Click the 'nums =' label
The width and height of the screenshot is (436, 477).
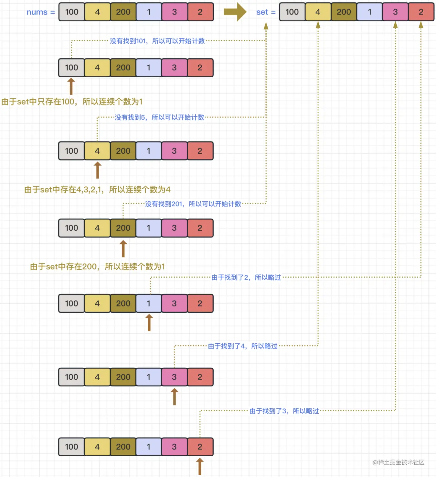point(40,12)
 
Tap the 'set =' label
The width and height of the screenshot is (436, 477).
point(266,12)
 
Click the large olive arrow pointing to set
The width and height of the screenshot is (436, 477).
point(235,12)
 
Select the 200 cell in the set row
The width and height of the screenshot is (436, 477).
point(344,12)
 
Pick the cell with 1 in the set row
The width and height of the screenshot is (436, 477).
point(369,12)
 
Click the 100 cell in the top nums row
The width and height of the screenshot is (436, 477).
point(71,12)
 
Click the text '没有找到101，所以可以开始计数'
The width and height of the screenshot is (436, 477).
point(157,41)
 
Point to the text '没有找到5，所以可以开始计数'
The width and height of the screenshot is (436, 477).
point(159,117)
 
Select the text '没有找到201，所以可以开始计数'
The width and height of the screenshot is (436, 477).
point(193,204)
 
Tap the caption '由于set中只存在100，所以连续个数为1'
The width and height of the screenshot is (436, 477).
point(72,102)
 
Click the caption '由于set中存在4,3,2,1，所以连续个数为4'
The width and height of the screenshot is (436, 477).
point(97,190)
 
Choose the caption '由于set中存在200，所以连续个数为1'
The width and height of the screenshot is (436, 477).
point(97,267)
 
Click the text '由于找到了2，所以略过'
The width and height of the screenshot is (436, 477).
point(246,277)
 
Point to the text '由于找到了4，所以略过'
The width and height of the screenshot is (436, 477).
point(243,346)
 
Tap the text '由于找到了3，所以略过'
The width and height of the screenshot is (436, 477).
point(284,411)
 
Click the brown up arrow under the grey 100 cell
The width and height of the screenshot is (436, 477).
point(71,86)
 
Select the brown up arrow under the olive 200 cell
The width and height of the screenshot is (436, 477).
point(123,249)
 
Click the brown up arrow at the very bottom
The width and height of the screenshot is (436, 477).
point(200,466)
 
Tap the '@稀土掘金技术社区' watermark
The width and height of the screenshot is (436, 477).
point(398,462)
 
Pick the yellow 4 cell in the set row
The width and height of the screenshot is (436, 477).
point(318,12)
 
